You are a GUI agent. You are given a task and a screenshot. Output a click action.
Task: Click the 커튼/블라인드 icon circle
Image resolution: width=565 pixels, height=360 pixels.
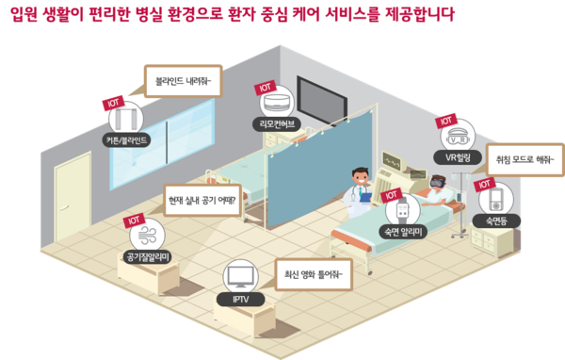point(126,121)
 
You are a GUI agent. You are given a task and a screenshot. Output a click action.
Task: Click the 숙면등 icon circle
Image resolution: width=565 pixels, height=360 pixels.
point(495,199)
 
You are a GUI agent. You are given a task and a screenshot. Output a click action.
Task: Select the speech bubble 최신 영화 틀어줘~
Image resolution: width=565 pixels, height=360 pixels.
point(312,275)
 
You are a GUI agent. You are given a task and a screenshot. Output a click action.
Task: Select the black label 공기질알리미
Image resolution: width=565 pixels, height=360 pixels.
point(148,256)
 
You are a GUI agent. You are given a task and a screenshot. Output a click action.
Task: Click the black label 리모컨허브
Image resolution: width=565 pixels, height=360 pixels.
point(276,123)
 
